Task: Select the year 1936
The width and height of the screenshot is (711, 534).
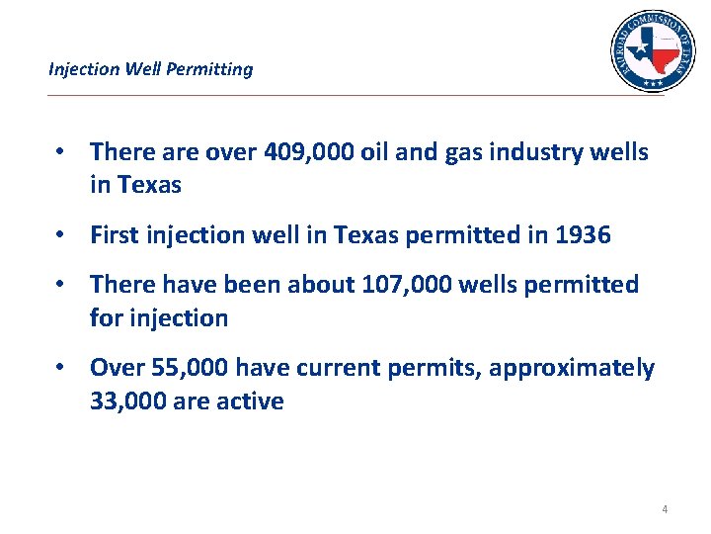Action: coord(582,235)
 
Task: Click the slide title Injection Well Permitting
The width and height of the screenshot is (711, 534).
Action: coord(150,69)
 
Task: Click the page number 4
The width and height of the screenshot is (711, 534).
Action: coord(664,509)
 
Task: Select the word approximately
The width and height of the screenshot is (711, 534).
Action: coord(571,368)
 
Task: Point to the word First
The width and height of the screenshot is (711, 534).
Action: coord(114,235)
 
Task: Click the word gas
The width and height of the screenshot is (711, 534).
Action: coord(457,152)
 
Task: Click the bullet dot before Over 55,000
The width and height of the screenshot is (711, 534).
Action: coord(61,368)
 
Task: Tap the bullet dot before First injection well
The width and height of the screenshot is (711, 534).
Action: coord(61,235)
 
